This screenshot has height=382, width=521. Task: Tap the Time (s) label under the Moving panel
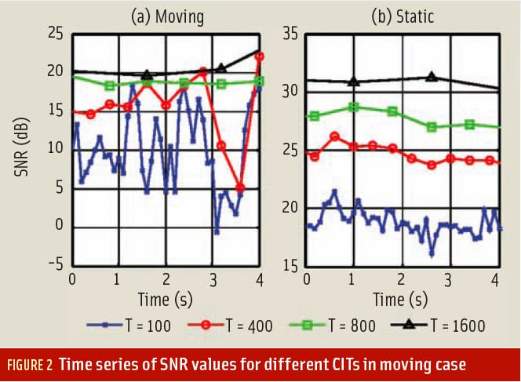[166, 299]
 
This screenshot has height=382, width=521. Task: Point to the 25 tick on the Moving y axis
[54, 33]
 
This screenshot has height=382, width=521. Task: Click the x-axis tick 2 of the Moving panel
[166, 278]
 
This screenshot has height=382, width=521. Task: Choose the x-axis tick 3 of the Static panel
[447, 278]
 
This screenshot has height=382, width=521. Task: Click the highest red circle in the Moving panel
[260, 56]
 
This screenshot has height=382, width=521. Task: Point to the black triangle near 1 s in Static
[354, 81]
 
